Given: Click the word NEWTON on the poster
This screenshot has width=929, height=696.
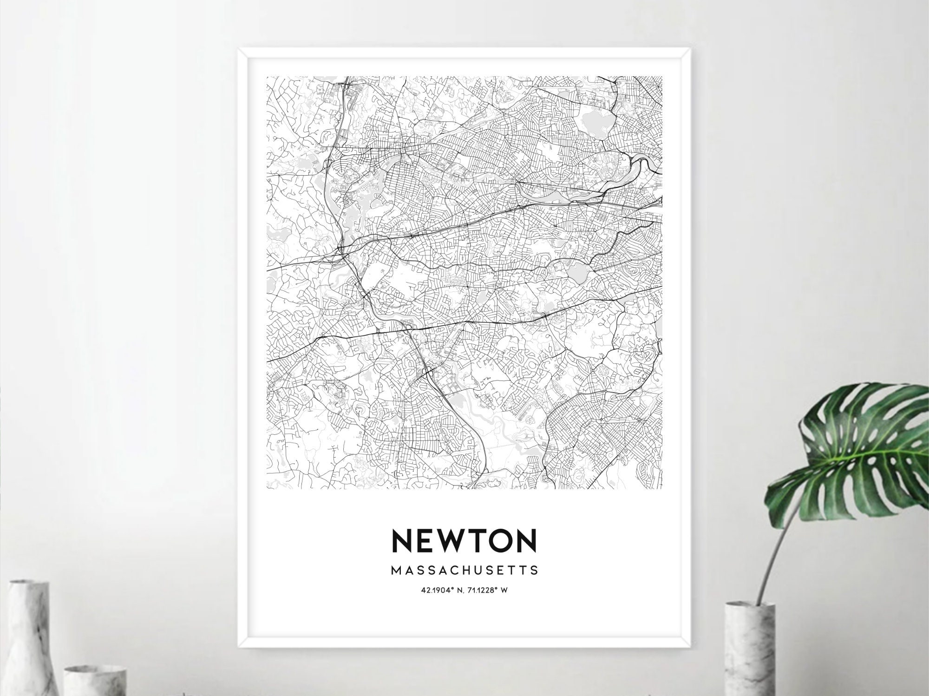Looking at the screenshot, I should (464, 540).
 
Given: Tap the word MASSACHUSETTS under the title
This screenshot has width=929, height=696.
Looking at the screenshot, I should (464, 570).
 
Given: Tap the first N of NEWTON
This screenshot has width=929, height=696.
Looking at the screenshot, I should (402, 540).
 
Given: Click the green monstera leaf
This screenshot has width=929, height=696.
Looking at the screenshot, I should (859, 455).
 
